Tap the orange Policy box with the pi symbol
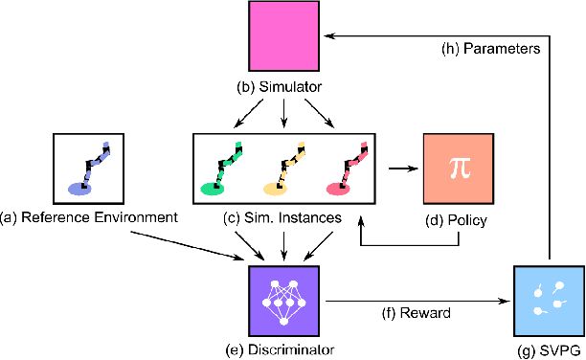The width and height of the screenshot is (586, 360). pos(456,165)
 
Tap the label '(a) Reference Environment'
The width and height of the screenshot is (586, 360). pos(89,219)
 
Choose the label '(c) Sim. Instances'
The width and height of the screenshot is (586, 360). pos(283,219)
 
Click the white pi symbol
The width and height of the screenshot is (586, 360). pos(456,165)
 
